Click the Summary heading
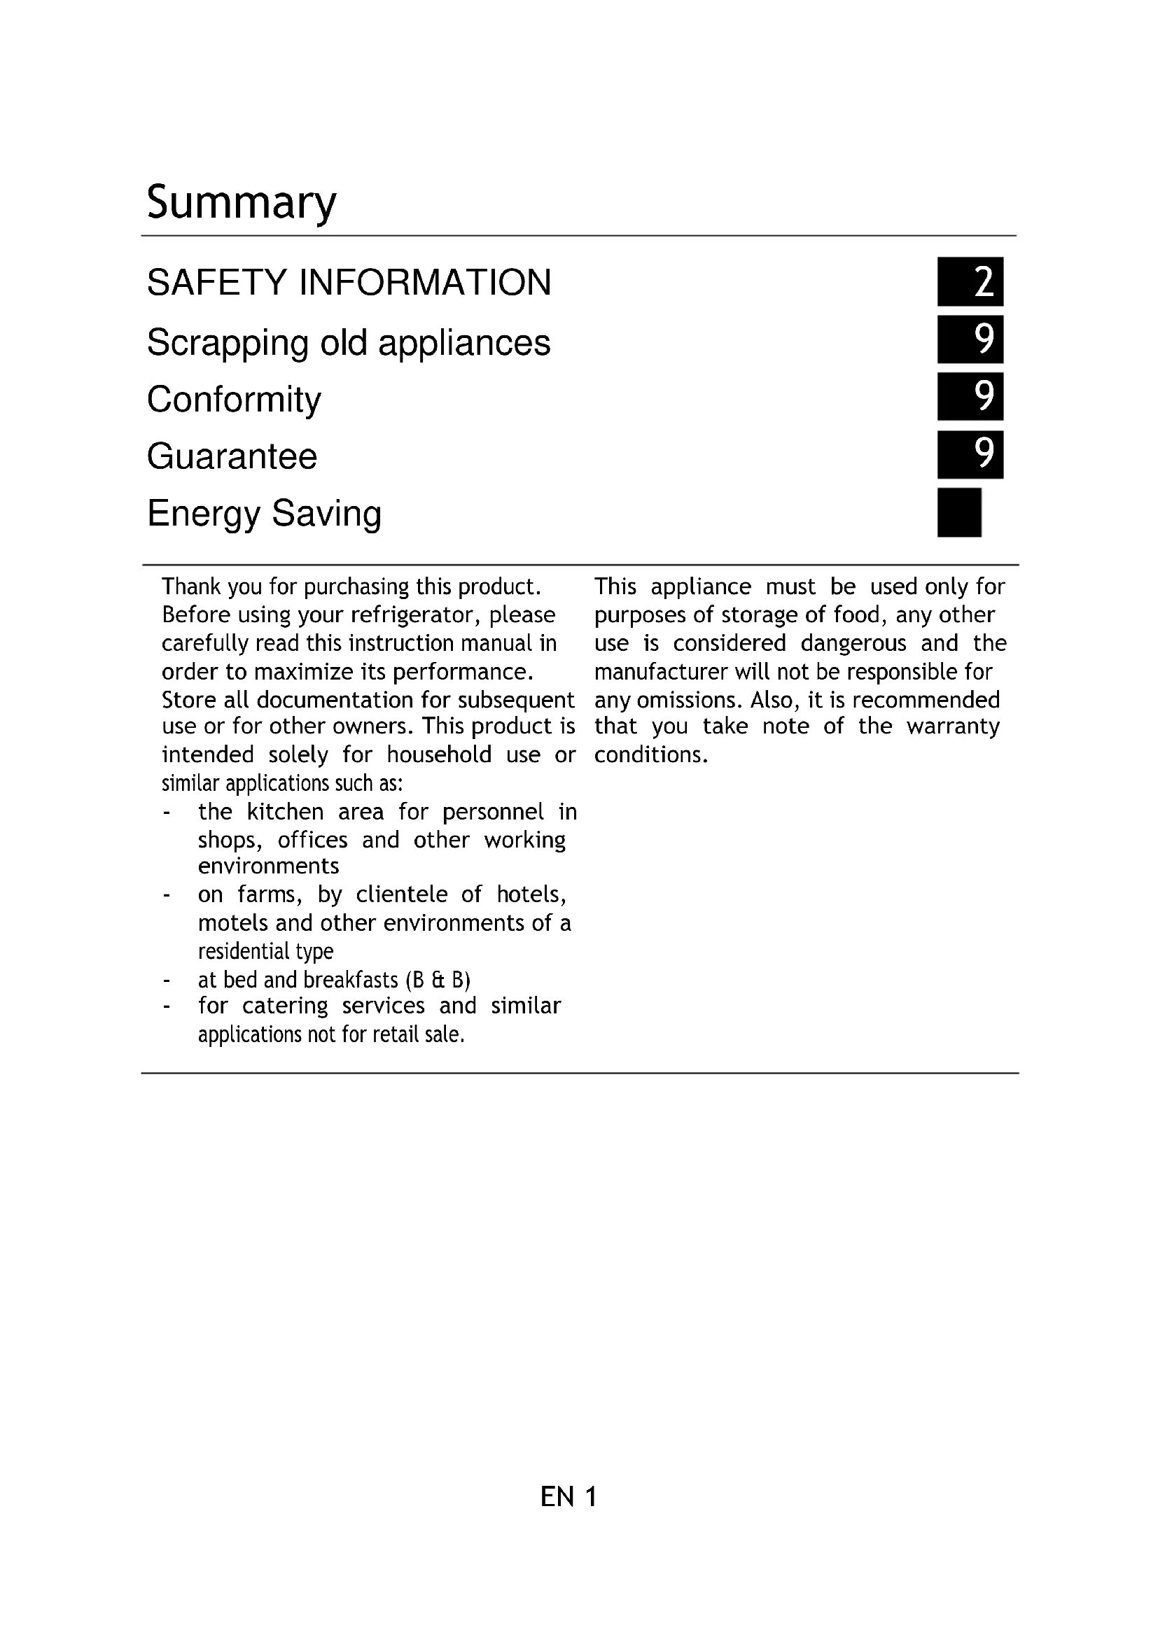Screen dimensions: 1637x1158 [241, 202]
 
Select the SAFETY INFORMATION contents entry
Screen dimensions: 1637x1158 [349, 282]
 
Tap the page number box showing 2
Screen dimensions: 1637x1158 [970, 281]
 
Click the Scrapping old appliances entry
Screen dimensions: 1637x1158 [348, 343]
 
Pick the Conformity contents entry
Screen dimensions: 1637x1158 [234, 399]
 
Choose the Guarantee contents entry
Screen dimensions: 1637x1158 [232, 456]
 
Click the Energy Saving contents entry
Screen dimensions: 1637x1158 [264, 513]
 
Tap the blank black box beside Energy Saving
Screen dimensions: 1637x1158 [959, 512]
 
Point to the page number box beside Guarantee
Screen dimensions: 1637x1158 [970, 454]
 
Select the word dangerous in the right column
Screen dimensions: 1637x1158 [853, 643]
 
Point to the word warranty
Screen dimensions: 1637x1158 [953, 726]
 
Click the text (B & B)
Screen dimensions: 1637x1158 [438, 981]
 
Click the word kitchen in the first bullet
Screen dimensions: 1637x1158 [285, 812]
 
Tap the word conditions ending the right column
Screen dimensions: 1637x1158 [650, 755]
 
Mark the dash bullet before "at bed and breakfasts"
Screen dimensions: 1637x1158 [166, 981]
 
